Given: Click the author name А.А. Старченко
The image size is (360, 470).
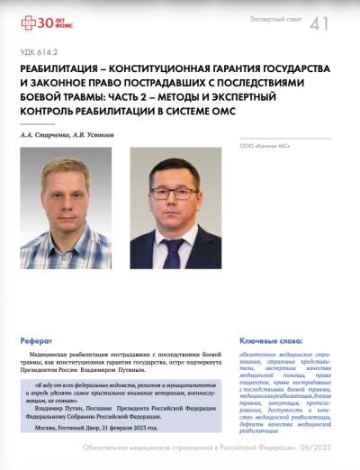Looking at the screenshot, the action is coord(49,134).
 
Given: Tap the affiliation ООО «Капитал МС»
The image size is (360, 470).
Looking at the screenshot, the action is coord(265,144).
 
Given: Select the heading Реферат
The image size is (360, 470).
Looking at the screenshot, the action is coord(37,341).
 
